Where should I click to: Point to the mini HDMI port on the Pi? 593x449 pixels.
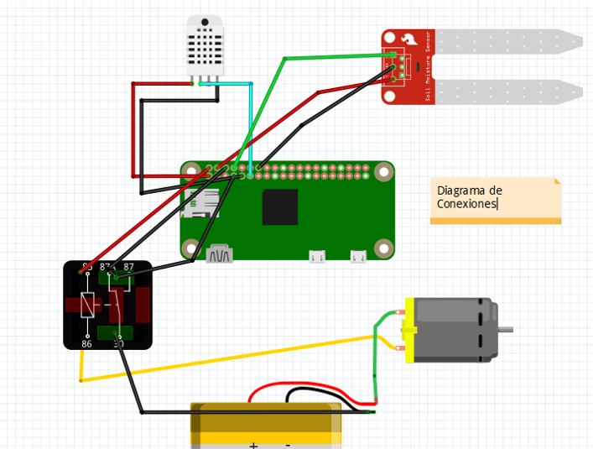pos(220,253)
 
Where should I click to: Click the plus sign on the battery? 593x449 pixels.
pos(253,445)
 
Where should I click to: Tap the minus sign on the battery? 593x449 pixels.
pos(288,445)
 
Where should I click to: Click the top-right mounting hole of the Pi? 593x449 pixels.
pos(383,171)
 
